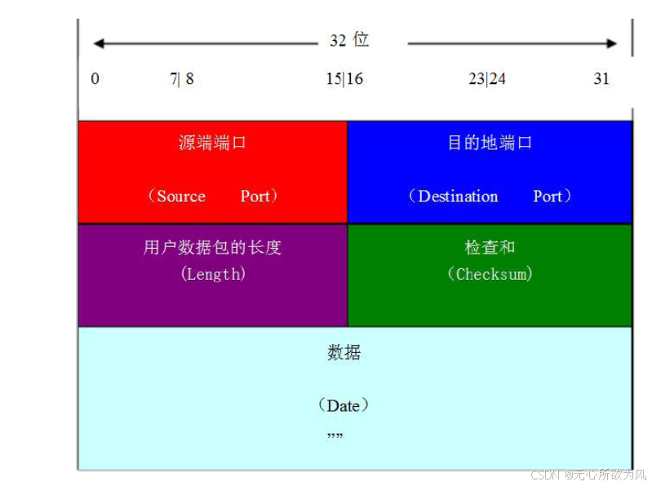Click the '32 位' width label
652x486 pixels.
point(349,41)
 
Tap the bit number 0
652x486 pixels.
point(95,79)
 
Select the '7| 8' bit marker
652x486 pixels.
point(182,79)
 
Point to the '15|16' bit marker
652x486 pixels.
point(344,79)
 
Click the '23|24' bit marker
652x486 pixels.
point(487,79)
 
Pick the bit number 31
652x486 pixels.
point(601,79)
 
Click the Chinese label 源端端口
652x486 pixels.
point(212,144)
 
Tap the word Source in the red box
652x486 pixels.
point(181,197)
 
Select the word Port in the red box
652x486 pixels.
point(255,197)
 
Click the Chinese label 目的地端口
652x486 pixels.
point(490,144)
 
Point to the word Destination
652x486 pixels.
point(458,197)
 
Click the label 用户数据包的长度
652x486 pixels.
point(212,248)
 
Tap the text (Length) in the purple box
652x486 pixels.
point(212,275)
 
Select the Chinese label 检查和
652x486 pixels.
point(490,248)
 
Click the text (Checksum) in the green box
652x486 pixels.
point(490,275)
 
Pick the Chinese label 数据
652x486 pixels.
point(344,353)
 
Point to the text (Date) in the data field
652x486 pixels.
point(344,405)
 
